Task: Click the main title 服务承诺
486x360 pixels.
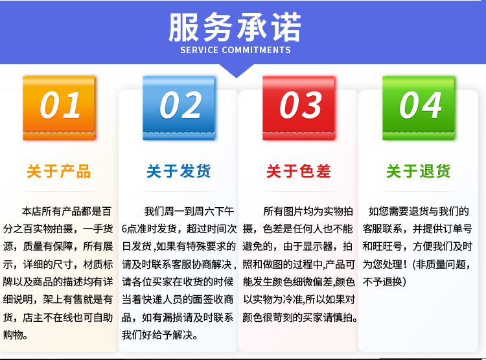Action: [235, 27]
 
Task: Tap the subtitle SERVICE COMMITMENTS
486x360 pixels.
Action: [236, 51]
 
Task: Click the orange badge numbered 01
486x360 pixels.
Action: [59, 108]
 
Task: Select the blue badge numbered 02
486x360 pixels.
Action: [179, 108]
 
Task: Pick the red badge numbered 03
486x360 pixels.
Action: [299, 108]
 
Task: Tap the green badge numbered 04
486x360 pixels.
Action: [419, 108]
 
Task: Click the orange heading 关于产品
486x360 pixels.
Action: [58, 172]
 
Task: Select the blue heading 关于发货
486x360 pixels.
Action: [179, 172]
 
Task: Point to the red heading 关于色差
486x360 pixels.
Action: [299, 172]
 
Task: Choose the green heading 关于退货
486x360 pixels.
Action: [419, 172]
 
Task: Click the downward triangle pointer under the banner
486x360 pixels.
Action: [237, 71]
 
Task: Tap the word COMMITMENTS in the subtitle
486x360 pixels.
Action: [257, 51]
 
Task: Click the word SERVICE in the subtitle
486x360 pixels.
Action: [200, 51]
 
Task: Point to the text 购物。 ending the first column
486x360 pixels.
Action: [16, 335]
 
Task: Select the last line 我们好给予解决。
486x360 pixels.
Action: [159, 335]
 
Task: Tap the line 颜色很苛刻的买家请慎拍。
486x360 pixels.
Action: [300, 317]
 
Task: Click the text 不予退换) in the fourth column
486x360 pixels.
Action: [384, 282]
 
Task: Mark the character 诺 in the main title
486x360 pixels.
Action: [286, 27]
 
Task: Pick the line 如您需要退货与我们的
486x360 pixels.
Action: [419, 211]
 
